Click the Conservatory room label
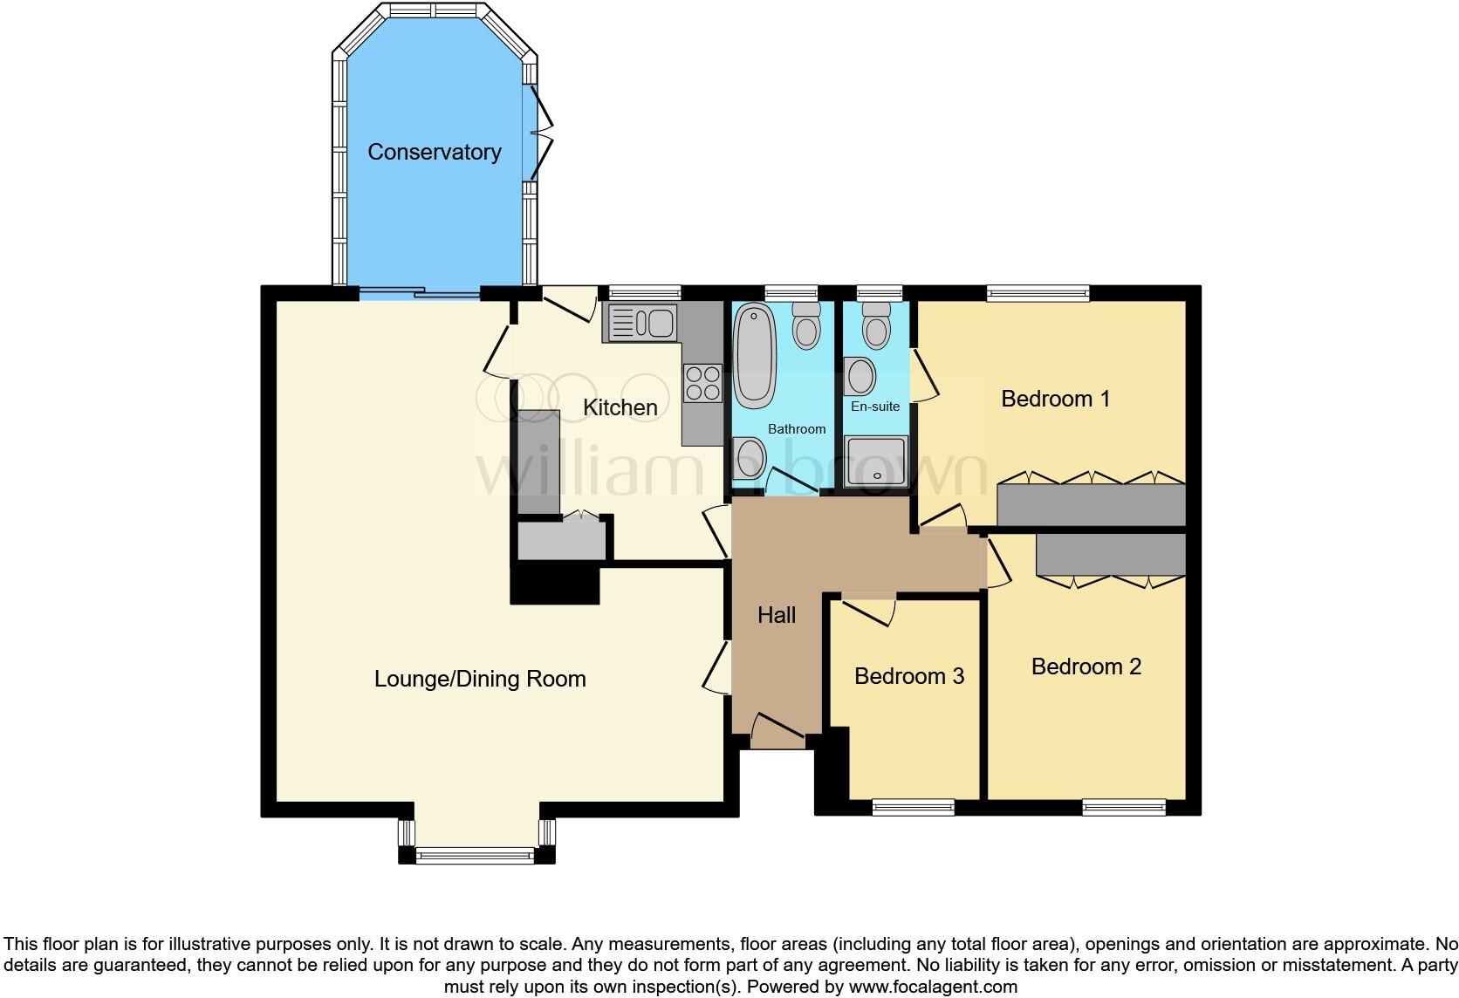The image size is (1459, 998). pyautogui.click(x=434, y=152)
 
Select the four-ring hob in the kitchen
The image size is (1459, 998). pyautogui.click(x=702, y=383)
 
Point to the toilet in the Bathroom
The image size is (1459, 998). pyautogui.click(x=806, y=326)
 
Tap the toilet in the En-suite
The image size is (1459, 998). pyautogui.click(x=875, y=326)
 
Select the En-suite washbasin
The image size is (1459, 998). pyautogui.click(x=861, y=376)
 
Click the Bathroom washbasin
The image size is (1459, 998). pyautogui.click(x=750, y=458)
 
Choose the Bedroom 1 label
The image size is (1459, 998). pyautogui.click(x=1055, y=399)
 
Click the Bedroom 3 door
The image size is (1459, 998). pyautogui.click(x=869, y=610)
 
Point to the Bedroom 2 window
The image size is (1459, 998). pyautogui.click(x=1124, y=808)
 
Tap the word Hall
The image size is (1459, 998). pyautogui.click(x=776, y=615)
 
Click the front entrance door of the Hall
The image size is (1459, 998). pyautogui.click(x=777, y=730)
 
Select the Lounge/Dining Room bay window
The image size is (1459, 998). pyautogui.click(x=476, y=856)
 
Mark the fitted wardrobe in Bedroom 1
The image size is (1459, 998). pyautogui.click(x=1091, y=505)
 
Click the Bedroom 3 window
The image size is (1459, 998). pyautogui.click(x=914, y=808)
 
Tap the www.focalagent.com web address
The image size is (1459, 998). pyautogui.click(x=933, y=988)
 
